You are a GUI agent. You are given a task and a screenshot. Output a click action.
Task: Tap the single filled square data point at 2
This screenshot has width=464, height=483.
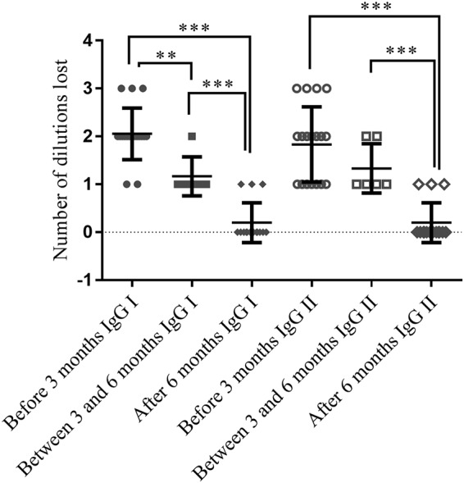tap(192, 136)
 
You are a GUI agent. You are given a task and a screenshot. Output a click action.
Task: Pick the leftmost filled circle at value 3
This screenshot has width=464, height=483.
tap(120, 89)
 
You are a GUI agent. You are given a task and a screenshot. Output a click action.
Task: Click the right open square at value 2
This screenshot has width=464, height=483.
tap(378, 137)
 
